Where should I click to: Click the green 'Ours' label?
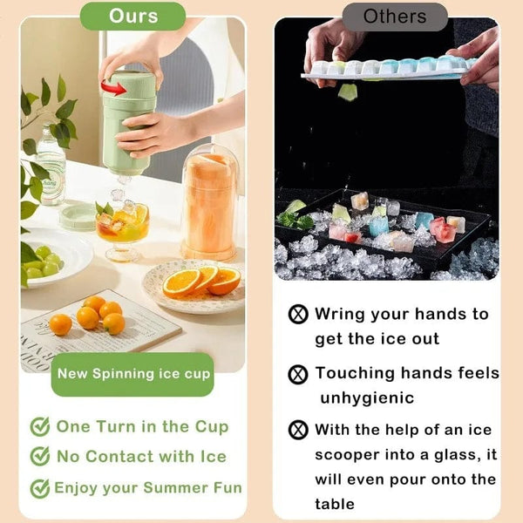click(132, 17)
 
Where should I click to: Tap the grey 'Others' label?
click(395, 17)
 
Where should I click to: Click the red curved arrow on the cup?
click(113, 87)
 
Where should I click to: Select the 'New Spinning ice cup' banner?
click(132, 374)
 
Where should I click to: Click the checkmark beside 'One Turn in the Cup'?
click(40, 426)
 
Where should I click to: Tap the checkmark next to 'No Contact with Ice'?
click(40, 456)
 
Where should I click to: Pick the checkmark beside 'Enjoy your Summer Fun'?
click(40, 488)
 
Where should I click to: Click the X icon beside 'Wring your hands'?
click(298, 314)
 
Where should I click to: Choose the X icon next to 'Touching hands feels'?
click(298, 374)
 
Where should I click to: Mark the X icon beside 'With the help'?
click(298, 430)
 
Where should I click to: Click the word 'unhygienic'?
click(367, 398)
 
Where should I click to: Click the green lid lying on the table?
click(78, 217)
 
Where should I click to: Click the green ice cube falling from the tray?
click(348, 92)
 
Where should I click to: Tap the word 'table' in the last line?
click(335, 504)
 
